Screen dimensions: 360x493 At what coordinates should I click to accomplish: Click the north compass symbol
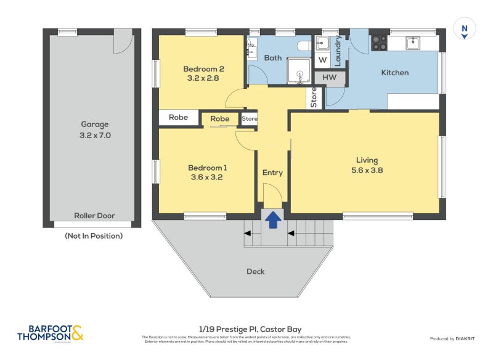click(x=464, y=30)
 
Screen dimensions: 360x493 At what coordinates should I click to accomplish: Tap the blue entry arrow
click(x=272, y=219)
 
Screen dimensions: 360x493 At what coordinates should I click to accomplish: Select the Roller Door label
click(x=94, y=216)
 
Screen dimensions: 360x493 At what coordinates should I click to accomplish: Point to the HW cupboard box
click(x=330, y=78)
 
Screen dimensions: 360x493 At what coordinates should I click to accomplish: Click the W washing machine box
click(x=322, y=60)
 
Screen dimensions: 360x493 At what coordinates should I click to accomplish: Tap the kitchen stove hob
click(x=378, y=43)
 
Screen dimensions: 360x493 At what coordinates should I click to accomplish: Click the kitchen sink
click(x=412, y=43)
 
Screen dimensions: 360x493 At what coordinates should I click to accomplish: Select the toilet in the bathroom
click(x=303, y=46)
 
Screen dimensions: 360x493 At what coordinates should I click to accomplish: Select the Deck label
click(x=255, y=271)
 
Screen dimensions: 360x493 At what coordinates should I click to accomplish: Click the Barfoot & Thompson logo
click(x=50, y=333)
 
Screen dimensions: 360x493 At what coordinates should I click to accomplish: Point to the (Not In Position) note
click(x=94, y=235)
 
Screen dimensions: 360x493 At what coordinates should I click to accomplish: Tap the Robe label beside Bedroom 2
click(x=179, y=117)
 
